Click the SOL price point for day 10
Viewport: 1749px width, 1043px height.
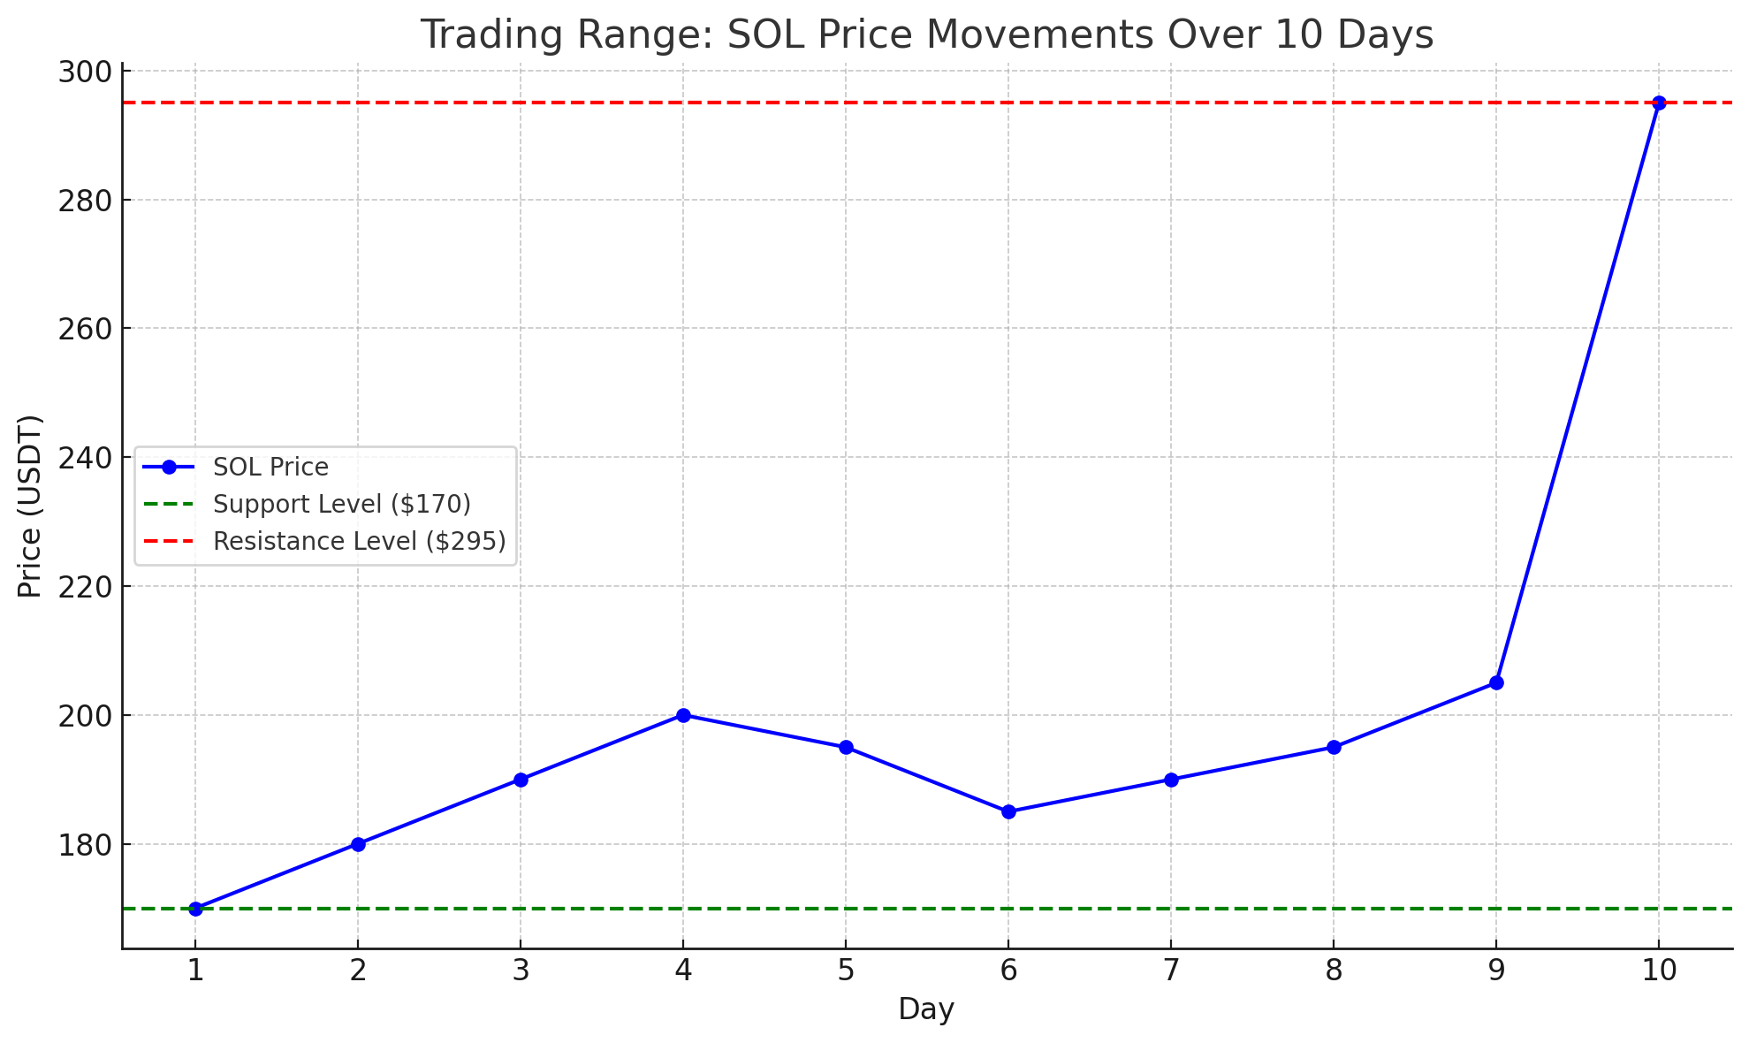click(1659, 103)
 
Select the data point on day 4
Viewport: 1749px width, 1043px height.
click(683, 715)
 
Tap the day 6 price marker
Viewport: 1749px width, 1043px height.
click(1008, 811)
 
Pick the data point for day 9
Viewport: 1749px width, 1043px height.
click(1496, 682)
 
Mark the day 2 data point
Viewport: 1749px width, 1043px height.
click(358, 844)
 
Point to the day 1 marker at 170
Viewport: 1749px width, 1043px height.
click(195, 909)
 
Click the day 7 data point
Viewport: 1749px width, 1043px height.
click(1171, 780)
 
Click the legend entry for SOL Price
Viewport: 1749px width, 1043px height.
click(270, 467)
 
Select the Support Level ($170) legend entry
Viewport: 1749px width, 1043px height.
click(341, 504)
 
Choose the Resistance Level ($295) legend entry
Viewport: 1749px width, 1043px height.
click(359, 541)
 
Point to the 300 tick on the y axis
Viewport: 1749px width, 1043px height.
click(83, 72)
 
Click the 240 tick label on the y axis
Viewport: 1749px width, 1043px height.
click(83, 458)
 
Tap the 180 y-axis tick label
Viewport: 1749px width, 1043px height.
click(83, 844)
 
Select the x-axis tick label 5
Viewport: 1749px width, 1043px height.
click(846, 971)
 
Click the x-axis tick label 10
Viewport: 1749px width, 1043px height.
click(1659, 971)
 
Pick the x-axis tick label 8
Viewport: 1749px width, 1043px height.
click(1334, 971)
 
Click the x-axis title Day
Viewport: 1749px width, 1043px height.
click(926, 1009)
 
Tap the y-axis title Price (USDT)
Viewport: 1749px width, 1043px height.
click(30, 506)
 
